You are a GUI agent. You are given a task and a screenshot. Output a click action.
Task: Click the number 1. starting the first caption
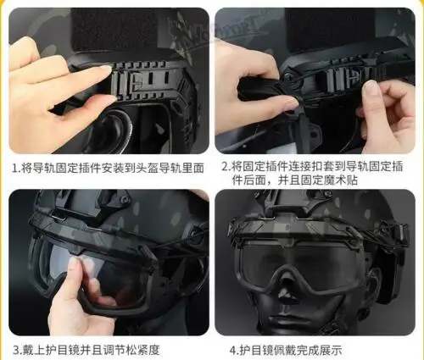[x=16, y=169]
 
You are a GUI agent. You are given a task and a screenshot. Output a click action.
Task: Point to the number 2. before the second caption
[x=226, y=167]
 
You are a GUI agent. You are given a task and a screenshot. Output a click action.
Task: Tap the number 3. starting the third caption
[x=17, y=350]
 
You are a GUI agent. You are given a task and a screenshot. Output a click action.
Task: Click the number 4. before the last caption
[x=234, y=351]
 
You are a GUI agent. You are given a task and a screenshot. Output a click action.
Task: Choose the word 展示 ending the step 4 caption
[x=332, y=351]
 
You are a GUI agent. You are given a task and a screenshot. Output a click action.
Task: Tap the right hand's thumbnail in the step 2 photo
[x=371, y=87]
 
